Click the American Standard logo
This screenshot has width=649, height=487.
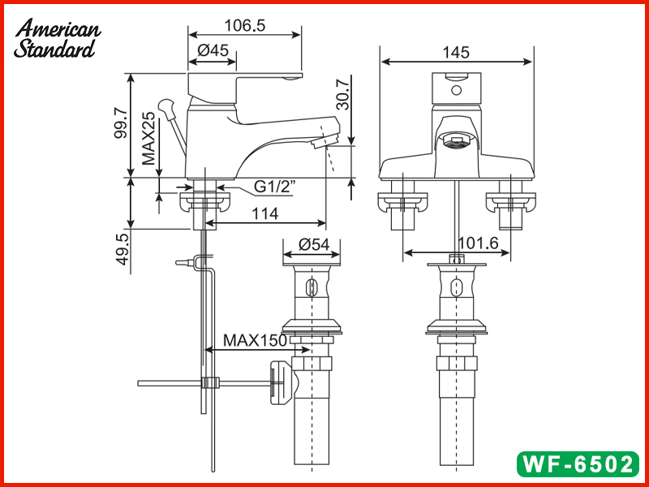pos(57,39)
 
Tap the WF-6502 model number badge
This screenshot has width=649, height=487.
pos(577,464)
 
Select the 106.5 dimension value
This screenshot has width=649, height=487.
pos(244,25)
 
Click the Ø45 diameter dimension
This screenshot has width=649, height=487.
pos(213,50)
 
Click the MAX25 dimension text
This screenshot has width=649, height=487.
pos(148,139)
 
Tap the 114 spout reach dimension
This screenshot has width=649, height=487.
pos(265,213)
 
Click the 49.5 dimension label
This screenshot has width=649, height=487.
pos(122,252)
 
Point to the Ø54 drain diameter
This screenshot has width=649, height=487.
pos(313,244)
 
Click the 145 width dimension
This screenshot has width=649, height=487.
pos(457,52)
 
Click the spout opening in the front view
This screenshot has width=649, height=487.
pos(457,144)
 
